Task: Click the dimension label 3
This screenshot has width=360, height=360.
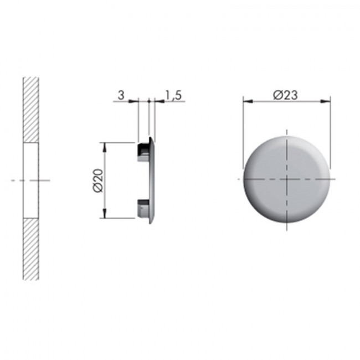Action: [x=120, y=95]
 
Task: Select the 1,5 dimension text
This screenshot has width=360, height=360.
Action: [x=173, y=95]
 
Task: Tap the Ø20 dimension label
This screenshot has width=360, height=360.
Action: [x=98, y=181]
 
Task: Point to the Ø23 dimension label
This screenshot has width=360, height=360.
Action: [x=286, y=95]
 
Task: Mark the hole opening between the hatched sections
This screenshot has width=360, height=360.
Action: [x=30, y=179]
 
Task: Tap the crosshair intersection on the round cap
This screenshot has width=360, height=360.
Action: [x=286, y=179]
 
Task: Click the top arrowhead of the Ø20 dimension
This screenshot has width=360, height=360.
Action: [x=105, y=146]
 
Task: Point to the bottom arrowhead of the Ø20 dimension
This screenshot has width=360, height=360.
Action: [x=105, y=214]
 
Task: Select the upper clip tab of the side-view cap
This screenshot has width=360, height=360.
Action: [x=143, y=150]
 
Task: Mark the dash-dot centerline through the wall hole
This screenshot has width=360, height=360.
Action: [x=17, y=180]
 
